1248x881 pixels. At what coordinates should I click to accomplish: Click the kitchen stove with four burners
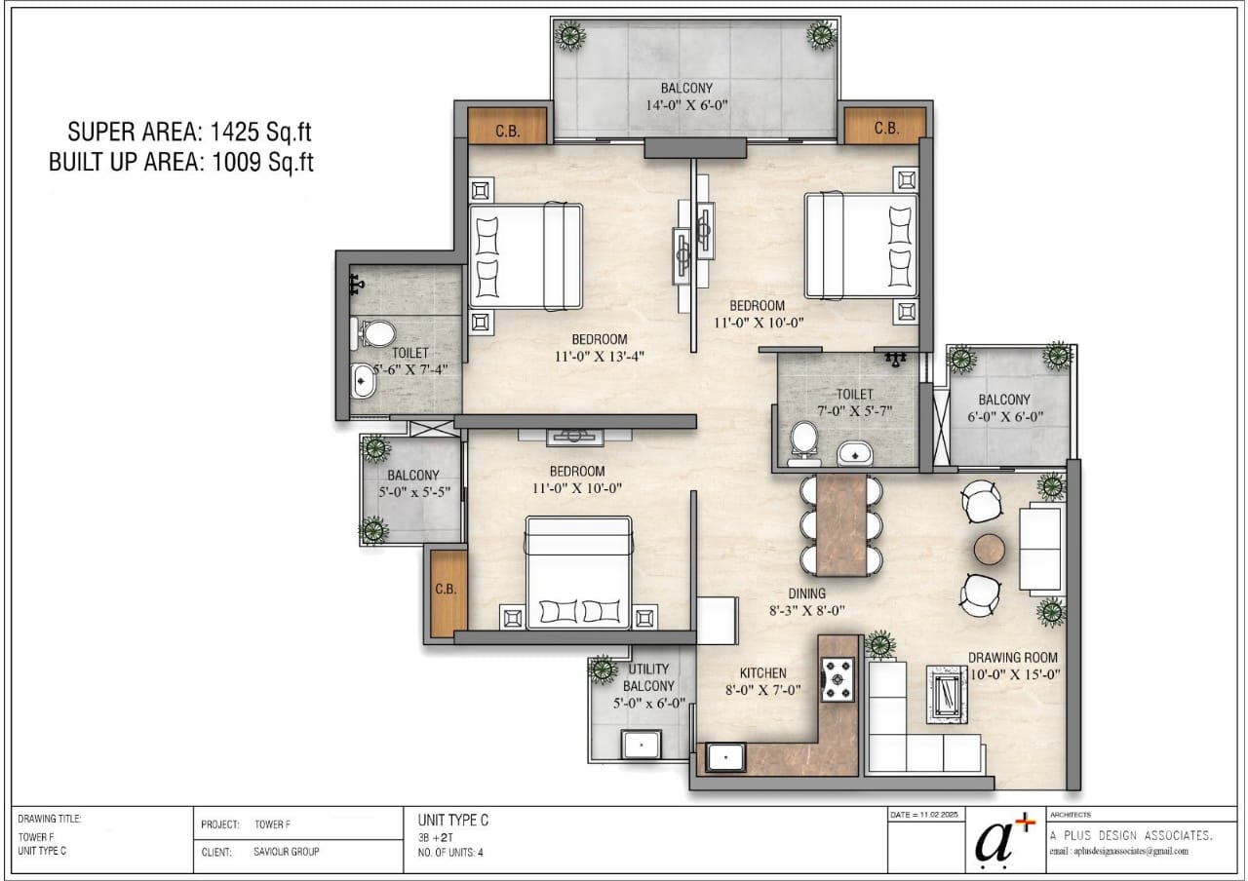pyautogui.click(x=838, y=679)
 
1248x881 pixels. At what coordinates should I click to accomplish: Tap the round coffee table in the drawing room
pyautogui.click(x=990, y=549)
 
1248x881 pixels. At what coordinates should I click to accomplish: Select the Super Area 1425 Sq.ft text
pyautogui.click(x=189, y=132)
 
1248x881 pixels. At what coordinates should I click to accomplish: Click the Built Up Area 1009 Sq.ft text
pyautogui.click(x=181, y=162)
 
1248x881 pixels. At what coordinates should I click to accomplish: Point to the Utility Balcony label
pyautogui.click(x=648, y=677)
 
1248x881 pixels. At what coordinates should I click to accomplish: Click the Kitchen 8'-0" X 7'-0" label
pyautogui.click(x=762, y=681)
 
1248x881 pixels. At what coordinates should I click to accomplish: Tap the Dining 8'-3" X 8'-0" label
pyautogui.click(x=806, y=602)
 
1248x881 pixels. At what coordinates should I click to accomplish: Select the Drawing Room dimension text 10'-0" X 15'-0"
pyautogui.click(x=1015, y=674)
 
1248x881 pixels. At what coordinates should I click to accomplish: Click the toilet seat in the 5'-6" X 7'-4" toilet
pyautogui.click(x=373, y=333)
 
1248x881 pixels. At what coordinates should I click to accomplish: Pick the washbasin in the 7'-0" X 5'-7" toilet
pyautogui.click(x=855, y=453)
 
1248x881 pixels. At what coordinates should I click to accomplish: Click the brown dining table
pyautogui.click(x=841, y=524)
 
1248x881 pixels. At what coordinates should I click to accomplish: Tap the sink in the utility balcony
pyautogui.click(x=642, y=745)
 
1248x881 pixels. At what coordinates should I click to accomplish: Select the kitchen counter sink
pyautogui.click(x=725, y=757)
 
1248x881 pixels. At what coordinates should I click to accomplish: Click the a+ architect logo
pyautogui.click(x=1004, y=841)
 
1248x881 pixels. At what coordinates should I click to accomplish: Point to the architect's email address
pyautogui.click(x=1118, y=852)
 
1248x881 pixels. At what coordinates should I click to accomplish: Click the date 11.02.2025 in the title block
pyautogui.click(x=923, y=815)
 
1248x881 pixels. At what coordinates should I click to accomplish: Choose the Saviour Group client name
pyautogui.click(x=287, y=852)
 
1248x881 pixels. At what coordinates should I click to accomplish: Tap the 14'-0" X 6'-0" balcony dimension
pyautogui.click(x=686, y=105)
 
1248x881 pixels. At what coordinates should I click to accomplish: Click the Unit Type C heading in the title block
pyautogui.click(x=453, y=821)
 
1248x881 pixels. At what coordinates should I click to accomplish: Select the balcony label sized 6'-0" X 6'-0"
pyautogui.click(x=1004, y=408)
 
